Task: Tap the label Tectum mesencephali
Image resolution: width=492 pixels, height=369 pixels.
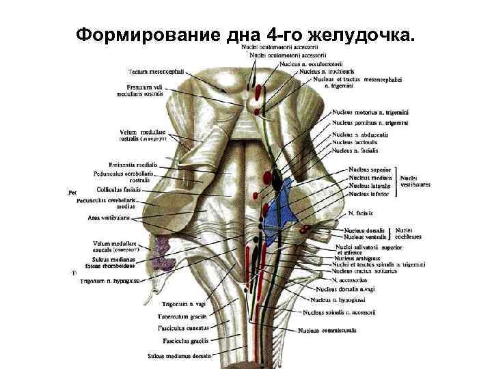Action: click(151, 71)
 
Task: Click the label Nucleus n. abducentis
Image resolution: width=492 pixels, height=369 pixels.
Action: click(360, 135)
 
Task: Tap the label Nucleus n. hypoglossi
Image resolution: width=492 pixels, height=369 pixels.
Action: click(340, 300)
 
